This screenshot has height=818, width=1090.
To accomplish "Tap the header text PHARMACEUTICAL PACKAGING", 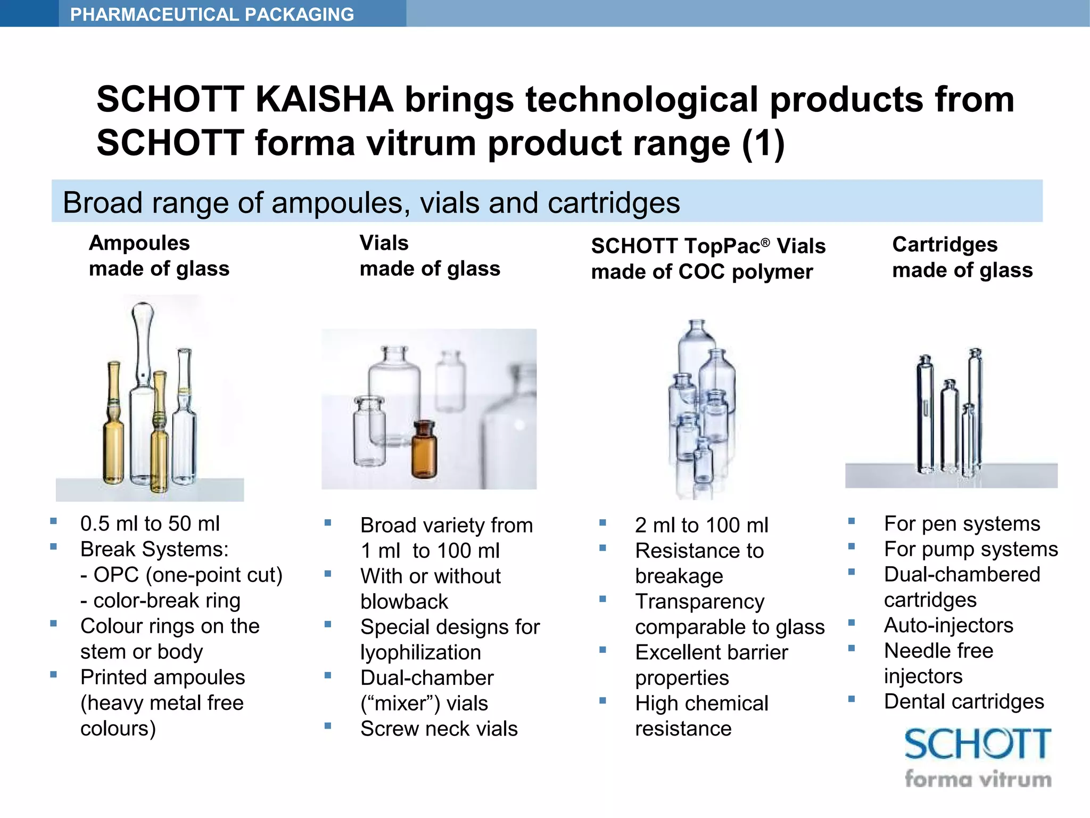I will tap(212, 14).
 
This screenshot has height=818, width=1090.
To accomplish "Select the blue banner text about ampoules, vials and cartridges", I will tap(371, 203).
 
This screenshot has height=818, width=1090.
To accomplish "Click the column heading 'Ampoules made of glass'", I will tap(159, 256).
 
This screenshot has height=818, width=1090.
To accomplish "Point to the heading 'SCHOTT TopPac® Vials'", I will tap(708, 246).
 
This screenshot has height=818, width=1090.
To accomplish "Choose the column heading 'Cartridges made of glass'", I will tap(962, 257).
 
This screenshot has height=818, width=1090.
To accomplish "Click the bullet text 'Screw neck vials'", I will tap(439, 729).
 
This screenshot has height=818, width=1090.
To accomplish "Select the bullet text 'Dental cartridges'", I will tap(964, 701).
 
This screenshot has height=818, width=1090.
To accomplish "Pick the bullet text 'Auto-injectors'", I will tap(948, 625).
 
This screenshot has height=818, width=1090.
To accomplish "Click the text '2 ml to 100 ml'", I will tap(701, 525).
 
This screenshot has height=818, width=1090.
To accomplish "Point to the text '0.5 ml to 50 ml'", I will tap(150, 523).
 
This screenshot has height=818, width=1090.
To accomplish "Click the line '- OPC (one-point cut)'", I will tap(181, 575).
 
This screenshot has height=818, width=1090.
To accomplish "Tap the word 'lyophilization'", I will tap(420, 652).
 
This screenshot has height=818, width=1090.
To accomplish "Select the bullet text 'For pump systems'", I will tap(971, 549).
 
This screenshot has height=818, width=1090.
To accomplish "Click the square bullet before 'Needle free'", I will tap(852, 649).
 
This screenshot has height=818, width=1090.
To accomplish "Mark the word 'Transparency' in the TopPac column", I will tap(699, 601).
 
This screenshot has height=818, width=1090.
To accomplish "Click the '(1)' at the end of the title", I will tap(763, 143).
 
